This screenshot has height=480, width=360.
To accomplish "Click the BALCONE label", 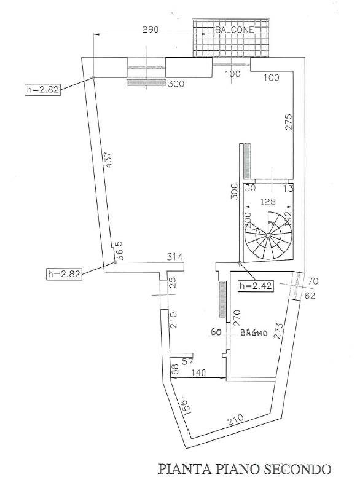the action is [x=235, y=30].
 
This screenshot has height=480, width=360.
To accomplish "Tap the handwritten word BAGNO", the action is [x=254, y=332].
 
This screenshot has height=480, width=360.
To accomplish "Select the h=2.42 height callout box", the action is [x=256, y=286].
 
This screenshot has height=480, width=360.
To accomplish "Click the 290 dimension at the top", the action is [x=150, y=30].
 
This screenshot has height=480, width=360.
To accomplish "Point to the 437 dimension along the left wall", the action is [x=109, y=160].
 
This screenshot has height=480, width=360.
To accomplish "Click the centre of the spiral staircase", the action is [x=268, y=235].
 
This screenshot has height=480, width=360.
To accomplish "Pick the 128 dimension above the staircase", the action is [x=268, y=202].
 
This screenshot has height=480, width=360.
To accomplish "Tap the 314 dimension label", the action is [x=174, y=256].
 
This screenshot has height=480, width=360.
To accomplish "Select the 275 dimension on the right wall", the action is [x=289, y=122].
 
